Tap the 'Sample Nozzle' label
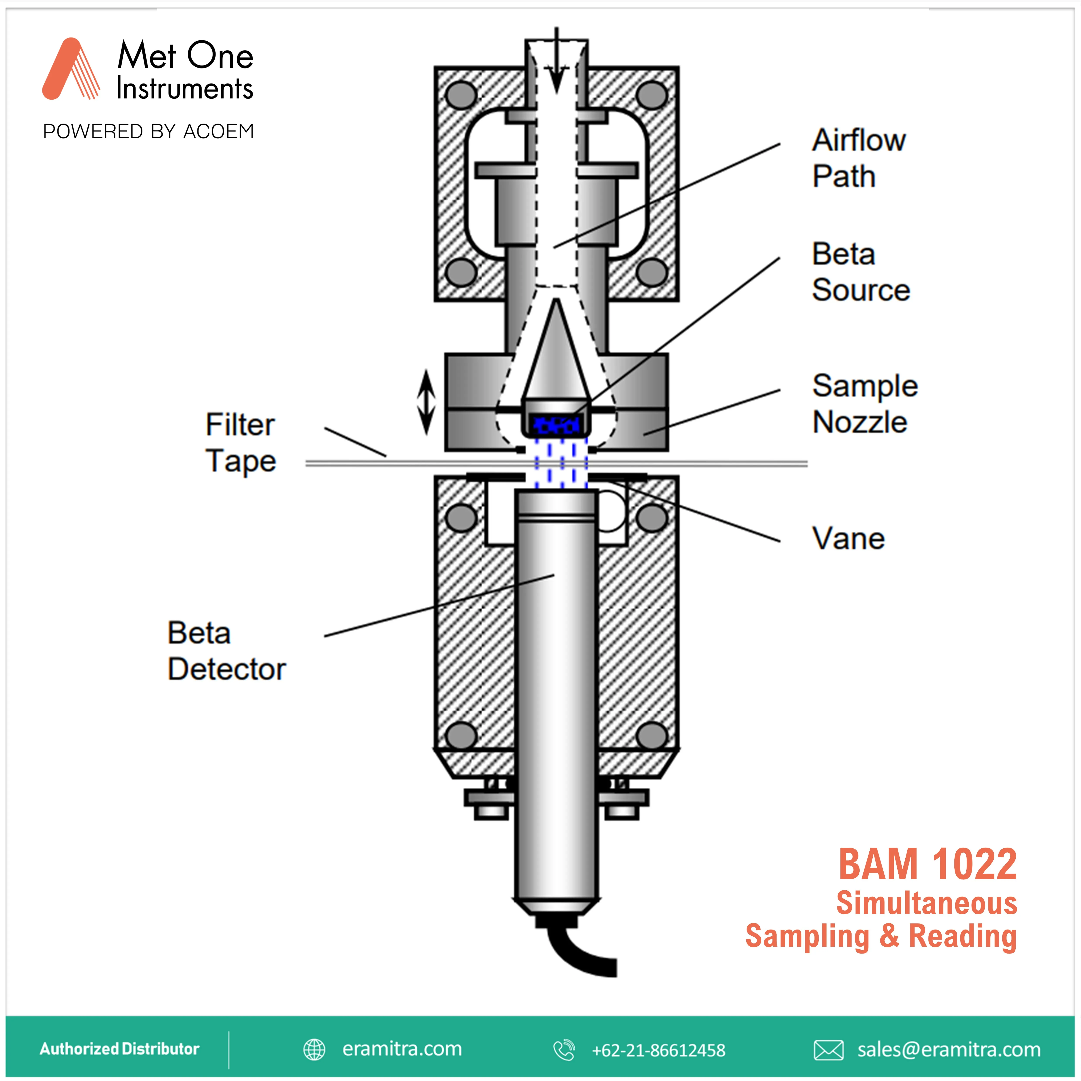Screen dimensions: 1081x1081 tap(864, 403)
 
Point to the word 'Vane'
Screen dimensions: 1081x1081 tap(848, 539)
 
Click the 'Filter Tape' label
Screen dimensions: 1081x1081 tap(241, 443)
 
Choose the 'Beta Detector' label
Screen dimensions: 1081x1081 tap(227, 651)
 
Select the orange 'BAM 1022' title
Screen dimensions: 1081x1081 tap(927, 864)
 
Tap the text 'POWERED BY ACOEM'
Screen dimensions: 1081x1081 tap(148, 131)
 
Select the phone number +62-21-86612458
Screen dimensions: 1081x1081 tap(658, 1050)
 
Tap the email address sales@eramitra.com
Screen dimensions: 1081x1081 tap(949, 1050)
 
